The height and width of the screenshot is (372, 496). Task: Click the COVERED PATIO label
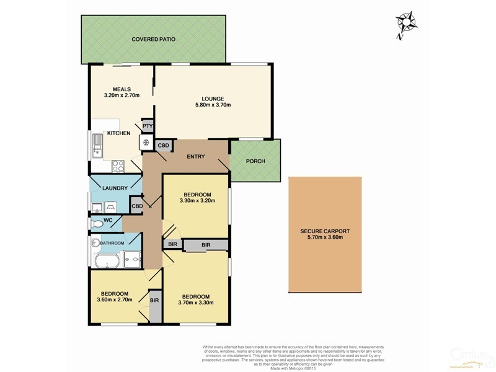click(153, 39)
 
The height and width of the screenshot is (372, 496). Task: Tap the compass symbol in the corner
click(407, 23)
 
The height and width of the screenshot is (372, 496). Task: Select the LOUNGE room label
click(212, 99)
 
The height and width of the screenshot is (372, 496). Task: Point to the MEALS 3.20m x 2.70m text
click(122, 95)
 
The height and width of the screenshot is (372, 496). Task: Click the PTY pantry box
click(148, 126)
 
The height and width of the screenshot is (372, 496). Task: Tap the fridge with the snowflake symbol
click(146, 143)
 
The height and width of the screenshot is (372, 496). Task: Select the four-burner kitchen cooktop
click(117, 166)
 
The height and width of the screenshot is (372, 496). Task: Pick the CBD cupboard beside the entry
click(164, 146)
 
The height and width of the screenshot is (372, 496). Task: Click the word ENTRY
click(197, 156)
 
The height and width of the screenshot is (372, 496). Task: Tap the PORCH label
click(255, 161)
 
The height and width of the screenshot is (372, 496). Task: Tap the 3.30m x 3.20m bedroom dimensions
click(197, 201)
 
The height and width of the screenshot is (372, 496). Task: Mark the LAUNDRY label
click(115, 188)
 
